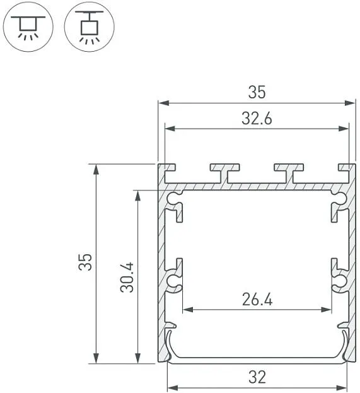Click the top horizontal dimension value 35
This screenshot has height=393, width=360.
point(257,91)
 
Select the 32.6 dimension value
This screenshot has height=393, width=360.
point(257,119)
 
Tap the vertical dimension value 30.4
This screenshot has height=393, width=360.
point(127,277)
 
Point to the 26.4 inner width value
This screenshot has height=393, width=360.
point(257,299)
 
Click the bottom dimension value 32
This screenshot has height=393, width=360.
point(257,377)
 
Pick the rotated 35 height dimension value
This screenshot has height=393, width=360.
point(85,262)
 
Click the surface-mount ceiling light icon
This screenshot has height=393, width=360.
point(28,27)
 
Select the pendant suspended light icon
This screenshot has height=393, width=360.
point(89,27)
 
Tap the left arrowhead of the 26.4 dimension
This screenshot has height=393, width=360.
point(188,310)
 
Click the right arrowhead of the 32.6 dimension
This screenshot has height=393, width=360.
point(343,129)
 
